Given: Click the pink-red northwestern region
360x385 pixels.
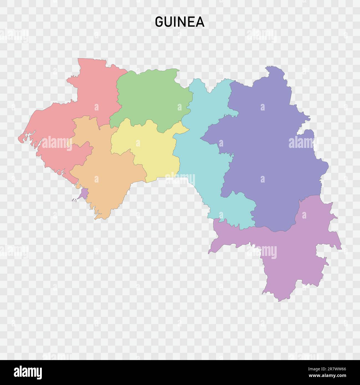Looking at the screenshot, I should [91, 94].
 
